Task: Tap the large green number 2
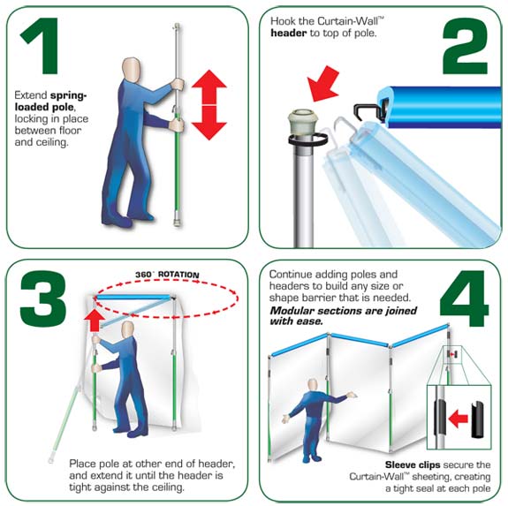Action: [465, 46]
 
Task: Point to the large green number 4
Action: [464, 298]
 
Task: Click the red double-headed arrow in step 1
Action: [209, 104]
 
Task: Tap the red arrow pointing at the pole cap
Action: [322, 84]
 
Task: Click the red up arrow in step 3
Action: [95, 320]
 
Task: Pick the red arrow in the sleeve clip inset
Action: [459, 419]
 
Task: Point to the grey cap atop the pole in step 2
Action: [300, 122]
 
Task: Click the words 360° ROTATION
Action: [167, 275]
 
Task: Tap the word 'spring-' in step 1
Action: [68, 95]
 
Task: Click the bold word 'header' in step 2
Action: [289, 33]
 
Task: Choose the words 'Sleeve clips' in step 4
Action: [413, 464]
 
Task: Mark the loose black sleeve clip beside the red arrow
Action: [477, 419]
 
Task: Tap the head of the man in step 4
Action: [313, 385]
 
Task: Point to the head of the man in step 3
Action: [127, 329]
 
